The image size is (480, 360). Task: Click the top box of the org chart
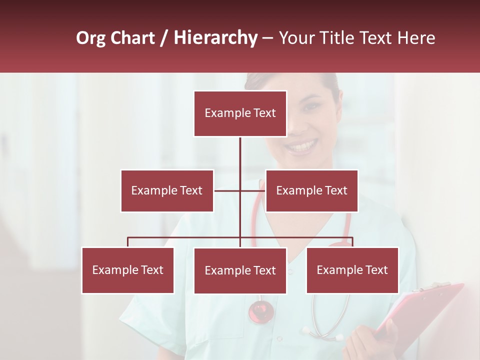(x=240, y=113)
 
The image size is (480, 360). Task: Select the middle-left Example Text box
(x=167, y=190)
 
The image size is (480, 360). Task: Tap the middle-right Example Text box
(x=311, y=190)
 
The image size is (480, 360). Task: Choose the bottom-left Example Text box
(x=128, y=270)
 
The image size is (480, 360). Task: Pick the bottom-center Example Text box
(x=240, y=270)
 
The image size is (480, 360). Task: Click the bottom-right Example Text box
(x=352, y=270)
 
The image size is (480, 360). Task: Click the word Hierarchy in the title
(x=215, y=38)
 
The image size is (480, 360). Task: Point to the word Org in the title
(x=91, y=38)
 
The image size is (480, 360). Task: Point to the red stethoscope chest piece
(x=261, y=310)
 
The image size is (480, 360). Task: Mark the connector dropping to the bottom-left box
(x=128, y=242)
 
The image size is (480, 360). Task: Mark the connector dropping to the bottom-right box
(x=352, y=242)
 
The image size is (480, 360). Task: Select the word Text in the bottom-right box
(x=376, y=270)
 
